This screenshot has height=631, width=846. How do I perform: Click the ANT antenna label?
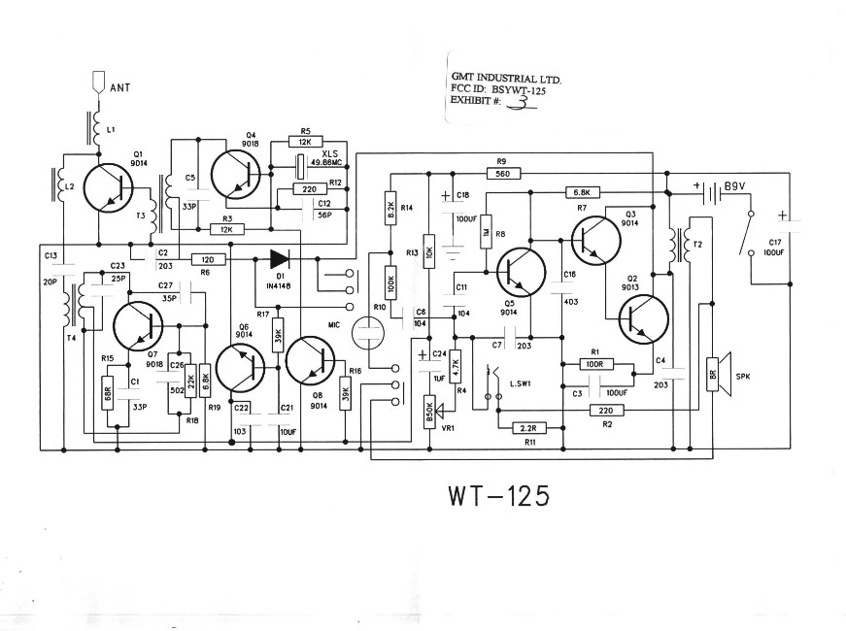point(120,88)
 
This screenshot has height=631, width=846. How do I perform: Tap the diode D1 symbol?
point(281,259)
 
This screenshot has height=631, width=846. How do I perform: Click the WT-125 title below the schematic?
point(499,496)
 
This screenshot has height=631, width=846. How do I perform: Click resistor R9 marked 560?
point(501,174)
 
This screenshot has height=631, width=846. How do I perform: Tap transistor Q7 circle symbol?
point(140,327)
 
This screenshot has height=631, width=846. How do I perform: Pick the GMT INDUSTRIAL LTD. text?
point(505,77)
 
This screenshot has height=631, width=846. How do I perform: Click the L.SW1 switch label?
point(522,385)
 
